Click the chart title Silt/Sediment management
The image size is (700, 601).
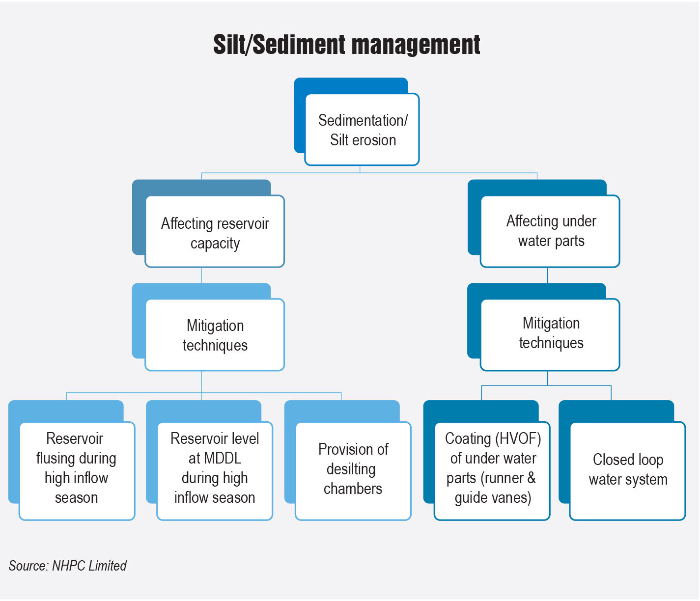(x=346, y=45)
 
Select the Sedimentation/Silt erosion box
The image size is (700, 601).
(x=362, y=130)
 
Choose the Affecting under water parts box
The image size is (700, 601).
(x=550, y=231)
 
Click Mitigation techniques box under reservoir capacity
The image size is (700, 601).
(x=215, y=335)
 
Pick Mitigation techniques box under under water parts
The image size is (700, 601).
(x=550, y=334)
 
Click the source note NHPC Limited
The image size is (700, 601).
(x=68, y=566)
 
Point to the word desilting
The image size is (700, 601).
(x=351, y=469)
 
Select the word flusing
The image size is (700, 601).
(x=56, y=458)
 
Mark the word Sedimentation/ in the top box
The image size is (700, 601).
(x=363, y=120)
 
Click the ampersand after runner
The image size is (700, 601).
(x=531, y=478)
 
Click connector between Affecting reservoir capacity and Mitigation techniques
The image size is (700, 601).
(x=201, y=275)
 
